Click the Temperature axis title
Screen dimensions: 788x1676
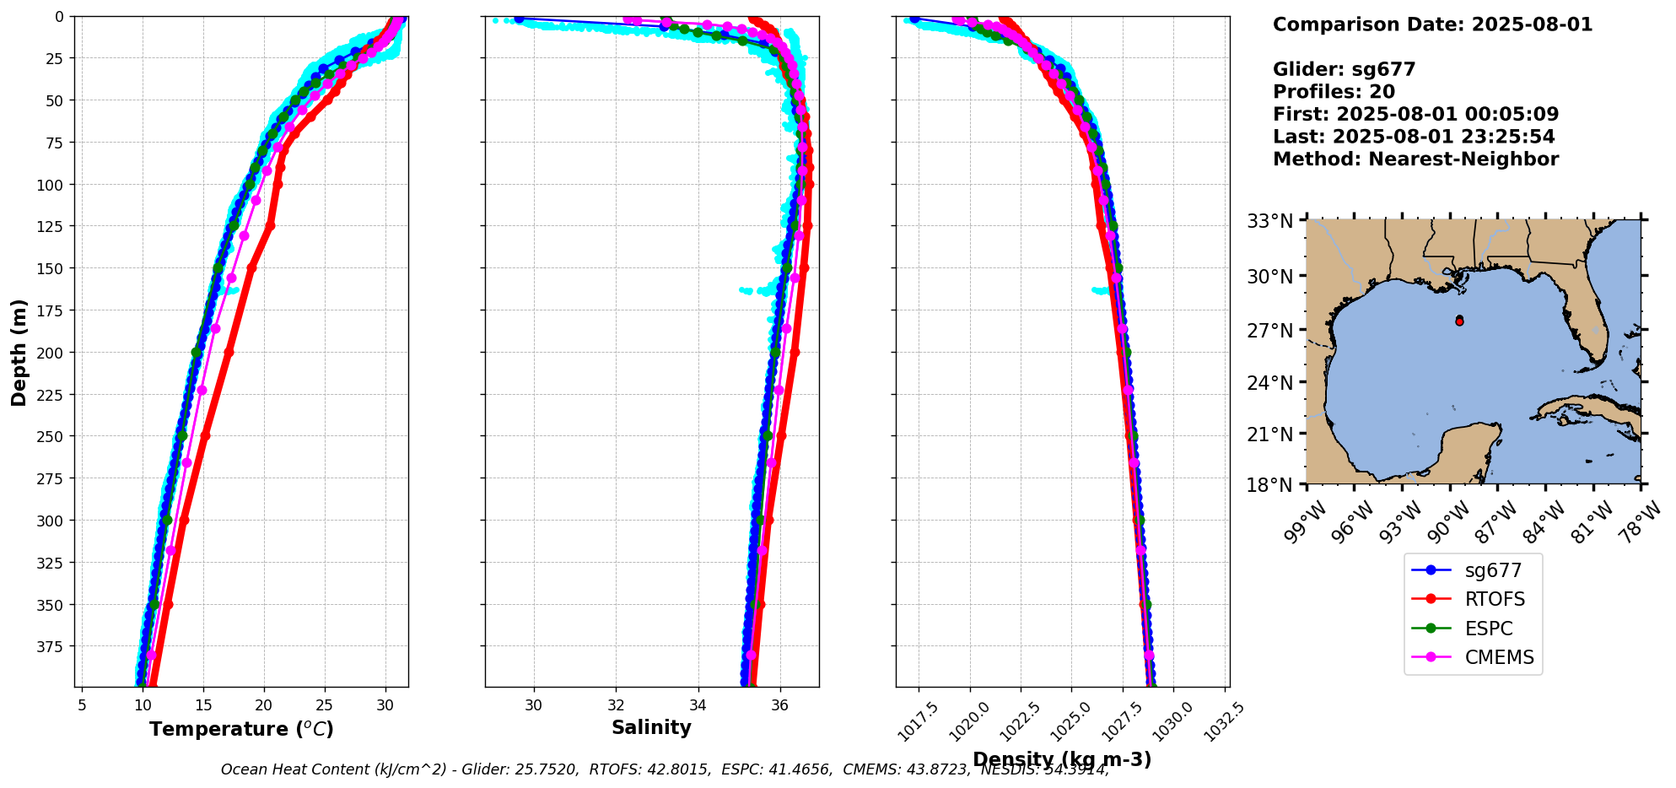click(x=241, y=729)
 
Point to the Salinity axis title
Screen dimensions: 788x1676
click(x=651, y=727)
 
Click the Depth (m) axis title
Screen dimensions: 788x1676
click(x=19, y=352)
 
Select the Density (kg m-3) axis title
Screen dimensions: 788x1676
click(x=1061, y=759)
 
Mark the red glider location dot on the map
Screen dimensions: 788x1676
click(x=1459, y=321)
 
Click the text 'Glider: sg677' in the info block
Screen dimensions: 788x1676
click(x=1344, y=70)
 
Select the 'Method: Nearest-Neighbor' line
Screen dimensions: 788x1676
click(x=1415, y=159)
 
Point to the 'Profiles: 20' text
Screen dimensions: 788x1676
click(x=1334, y=92)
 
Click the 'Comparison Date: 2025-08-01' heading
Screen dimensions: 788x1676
click(x=1432, y=24)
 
